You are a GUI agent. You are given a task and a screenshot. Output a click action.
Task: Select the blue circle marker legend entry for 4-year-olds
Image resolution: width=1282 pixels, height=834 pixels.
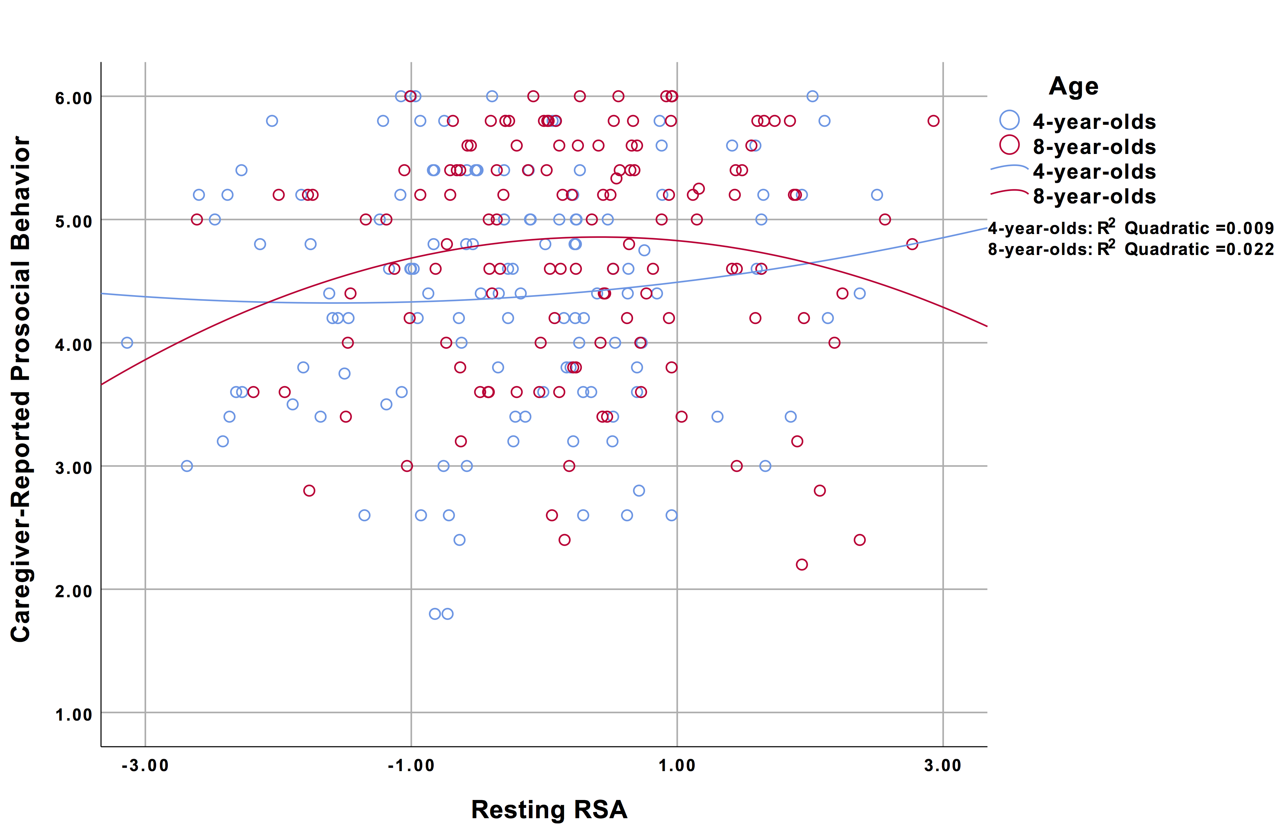(x=1009, y=120)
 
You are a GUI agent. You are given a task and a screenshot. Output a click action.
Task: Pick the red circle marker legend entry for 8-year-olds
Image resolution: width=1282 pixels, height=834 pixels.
(x=1009, y=145)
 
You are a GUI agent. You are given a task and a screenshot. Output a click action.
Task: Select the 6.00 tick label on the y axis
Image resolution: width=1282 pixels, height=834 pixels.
(x=74, y=98)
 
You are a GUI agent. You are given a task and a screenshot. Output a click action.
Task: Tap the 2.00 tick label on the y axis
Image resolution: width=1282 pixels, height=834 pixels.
(x=74, y=591)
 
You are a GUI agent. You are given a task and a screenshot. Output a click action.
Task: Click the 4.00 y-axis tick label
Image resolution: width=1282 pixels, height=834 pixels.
(x=74, y=345)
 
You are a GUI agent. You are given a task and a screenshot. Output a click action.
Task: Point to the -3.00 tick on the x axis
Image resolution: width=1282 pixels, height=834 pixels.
(x=145, y=765)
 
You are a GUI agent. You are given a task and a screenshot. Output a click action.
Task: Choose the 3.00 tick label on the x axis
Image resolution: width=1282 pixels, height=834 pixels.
(x=943, y=765)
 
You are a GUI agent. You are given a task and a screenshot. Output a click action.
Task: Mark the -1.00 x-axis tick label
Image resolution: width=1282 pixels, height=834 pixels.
(x=411, y=765)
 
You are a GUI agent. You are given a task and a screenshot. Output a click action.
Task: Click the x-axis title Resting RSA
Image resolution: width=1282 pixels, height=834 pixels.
(x=549, y=809)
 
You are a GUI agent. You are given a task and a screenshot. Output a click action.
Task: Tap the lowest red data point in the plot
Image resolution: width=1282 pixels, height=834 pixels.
(x=802, y=564)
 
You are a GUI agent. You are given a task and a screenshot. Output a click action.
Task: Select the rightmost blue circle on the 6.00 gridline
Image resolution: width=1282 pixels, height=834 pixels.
(x=812, y=96)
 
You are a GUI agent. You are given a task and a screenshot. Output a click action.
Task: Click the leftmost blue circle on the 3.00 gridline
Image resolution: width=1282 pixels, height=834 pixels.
(x=187, y=466)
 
